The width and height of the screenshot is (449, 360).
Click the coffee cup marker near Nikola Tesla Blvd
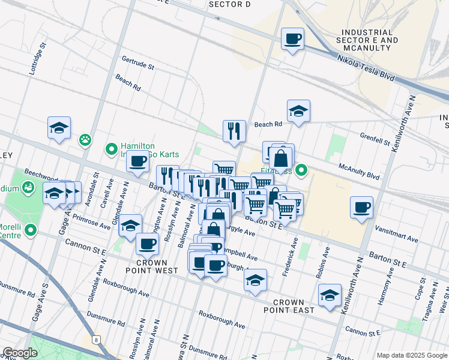tap(292, 39)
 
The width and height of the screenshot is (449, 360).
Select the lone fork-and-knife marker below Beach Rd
tap(234, 131)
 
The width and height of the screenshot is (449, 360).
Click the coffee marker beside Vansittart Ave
tap(361, 207)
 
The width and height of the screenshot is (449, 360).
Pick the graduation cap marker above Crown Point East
tap(256, 280)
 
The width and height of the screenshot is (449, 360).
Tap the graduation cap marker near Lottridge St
tap(59, 128)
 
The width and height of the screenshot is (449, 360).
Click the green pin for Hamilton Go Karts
tap(111, 148)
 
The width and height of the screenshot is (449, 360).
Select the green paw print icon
tap(85, 140)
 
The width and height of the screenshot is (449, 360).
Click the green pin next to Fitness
tap(302, 171)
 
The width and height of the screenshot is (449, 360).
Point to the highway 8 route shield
tap(95, 340)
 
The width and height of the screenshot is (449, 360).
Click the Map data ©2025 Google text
tap(411, 355)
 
